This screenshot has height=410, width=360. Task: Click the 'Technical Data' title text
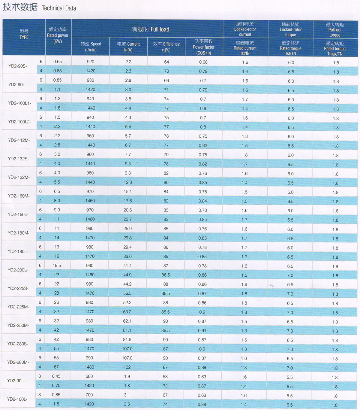pyautogui.click(x=59, y=8)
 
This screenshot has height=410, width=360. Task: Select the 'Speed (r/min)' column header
pyautogui.click(x=91, y=47)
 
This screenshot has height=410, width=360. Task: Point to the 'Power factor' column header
pyautogui.click(x=203, y=47)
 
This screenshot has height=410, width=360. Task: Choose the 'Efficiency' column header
pyautogui.click(x=166, y=47)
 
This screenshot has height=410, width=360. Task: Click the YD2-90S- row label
pyautogui.click(x=18, y=66)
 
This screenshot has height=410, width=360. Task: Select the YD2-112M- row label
pyautogui.click(x=19, y=140)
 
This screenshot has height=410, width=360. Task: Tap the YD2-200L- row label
pyautogui.click(x=18, y=270)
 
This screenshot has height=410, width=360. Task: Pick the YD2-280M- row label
pyautogui.click(x=18, y=362)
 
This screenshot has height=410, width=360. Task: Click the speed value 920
pyautogui.click(x=91, y=62)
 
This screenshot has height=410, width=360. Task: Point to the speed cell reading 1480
pyautogui.click(x=89, y=367)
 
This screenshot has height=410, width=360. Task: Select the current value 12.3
pyautogui.click(x=128, y=182)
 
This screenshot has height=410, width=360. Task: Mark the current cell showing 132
pyautogui.click(x=127, y=367)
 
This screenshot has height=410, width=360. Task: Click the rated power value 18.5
pyautogui.click(x=57, y=265)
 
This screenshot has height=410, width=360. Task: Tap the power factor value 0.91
pyautogui.click(x=202, y=330)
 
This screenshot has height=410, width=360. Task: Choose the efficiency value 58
pyautogui.click(x=165, y=377)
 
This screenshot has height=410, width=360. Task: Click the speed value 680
pyautogui.click(x=89, y=376)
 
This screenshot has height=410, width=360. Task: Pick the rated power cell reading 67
pyautogui.click(x=56, y=367)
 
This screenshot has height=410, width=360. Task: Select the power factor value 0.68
pyautogui.click(x=203, y=62)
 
